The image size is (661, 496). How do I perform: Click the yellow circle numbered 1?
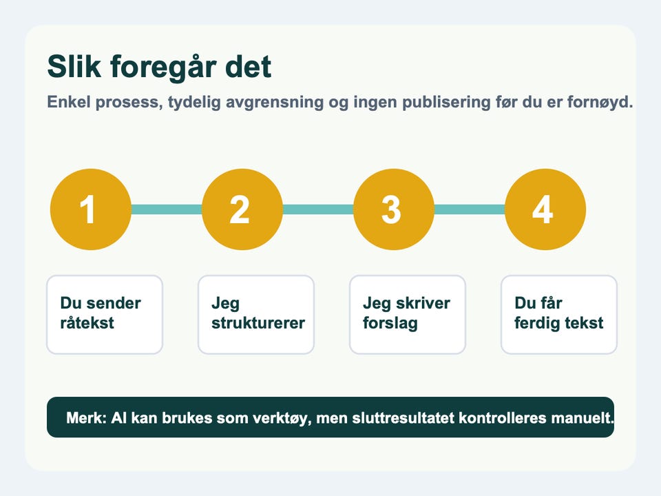91,209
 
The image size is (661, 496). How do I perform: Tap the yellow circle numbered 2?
242,209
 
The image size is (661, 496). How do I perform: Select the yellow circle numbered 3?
394,209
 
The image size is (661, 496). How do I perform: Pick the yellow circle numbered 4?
545,209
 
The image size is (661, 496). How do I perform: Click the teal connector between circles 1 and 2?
167,209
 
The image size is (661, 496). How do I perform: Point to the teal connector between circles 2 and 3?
318,209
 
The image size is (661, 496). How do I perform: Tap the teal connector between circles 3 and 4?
470,209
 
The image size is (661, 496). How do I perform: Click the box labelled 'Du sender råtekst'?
105,315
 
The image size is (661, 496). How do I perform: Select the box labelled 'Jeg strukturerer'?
256,315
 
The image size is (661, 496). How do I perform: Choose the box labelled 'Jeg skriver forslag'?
408,315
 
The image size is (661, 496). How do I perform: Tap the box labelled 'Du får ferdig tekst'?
559,315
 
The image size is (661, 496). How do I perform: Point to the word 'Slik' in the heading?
74,66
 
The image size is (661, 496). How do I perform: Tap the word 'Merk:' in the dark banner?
87,418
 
